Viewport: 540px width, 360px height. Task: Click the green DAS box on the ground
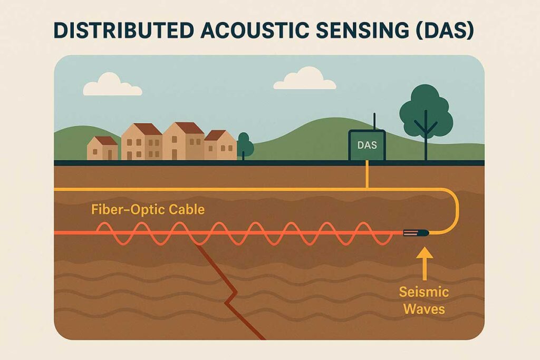[367, 145]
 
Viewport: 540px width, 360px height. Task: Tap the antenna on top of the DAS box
[374, 121]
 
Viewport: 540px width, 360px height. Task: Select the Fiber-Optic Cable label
[148, 209]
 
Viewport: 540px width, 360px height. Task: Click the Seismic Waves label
[424, 299]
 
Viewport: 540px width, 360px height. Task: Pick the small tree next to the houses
[245, 144]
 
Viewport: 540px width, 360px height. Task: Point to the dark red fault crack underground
[228, 290]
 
